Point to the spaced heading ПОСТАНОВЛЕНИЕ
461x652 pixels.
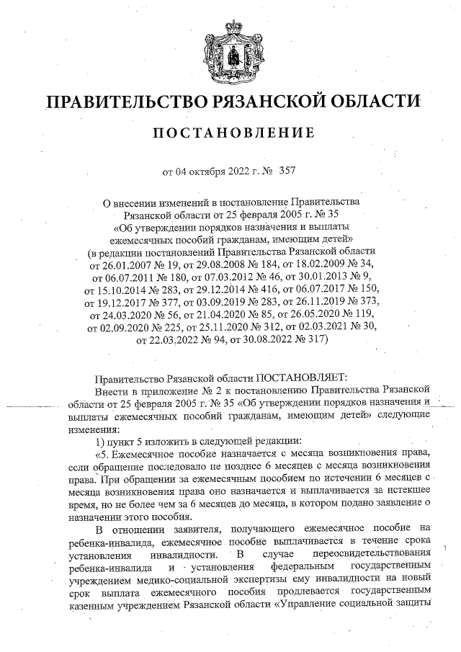[x=230, y=133]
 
